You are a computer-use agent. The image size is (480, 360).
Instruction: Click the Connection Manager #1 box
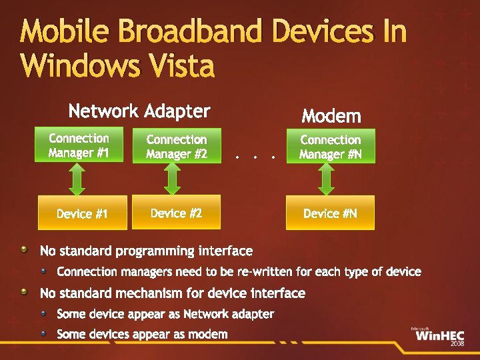click(79, 145)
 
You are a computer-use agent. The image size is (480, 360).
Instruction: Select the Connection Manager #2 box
click(177, 147)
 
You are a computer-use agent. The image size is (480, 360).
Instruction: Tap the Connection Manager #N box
click(330, 147)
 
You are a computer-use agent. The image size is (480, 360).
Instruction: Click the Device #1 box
click(83, 213)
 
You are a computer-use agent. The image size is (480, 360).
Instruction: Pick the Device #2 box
click(176, 213)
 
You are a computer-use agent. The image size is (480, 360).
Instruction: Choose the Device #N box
click(330, 213)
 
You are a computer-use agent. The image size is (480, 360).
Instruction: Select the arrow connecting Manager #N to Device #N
click(326, 179)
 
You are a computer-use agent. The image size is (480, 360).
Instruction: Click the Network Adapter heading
click(139, 111)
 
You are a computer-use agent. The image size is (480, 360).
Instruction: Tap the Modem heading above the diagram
click(331, 117)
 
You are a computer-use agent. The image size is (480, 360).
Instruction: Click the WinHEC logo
click(437, 335)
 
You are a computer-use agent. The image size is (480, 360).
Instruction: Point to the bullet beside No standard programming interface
click(25, 251)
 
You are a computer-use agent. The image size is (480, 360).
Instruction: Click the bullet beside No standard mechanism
click(25, 293)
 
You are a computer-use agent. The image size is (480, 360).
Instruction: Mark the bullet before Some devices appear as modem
click(43, 333)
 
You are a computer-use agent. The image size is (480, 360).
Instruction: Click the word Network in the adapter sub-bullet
click(205, 314)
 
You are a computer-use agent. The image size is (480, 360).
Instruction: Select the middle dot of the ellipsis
click(255, 158)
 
